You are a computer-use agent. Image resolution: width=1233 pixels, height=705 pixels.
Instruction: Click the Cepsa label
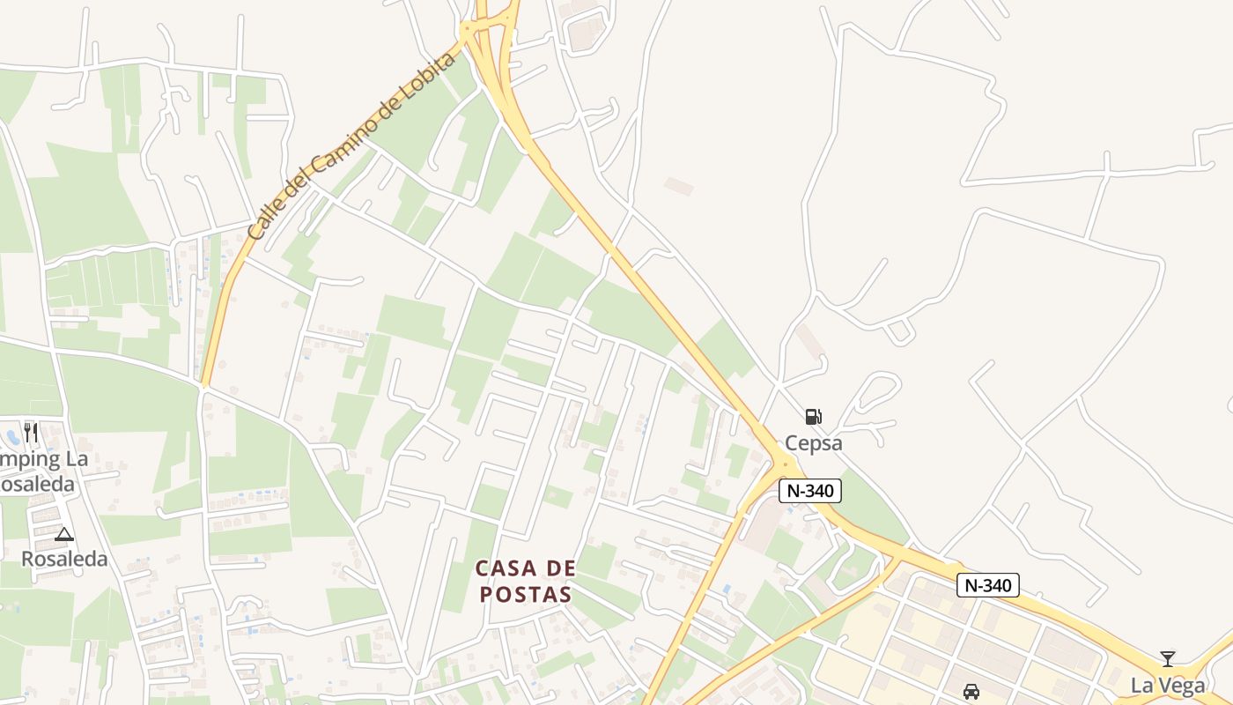pyautogui.click(x=813, y=442)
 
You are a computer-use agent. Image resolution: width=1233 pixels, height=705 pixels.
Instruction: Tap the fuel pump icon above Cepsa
pyautogui.click(x=813, y=416)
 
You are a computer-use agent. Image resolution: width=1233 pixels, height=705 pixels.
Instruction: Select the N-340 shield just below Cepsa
pyautogui.click(x=809, y=491)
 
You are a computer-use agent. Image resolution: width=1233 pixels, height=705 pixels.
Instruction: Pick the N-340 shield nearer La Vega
pyautogui.click(x=987, y=585)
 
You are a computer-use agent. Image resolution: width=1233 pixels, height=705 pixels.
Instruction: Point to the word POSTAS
pyautogui.click(x=525, y=595)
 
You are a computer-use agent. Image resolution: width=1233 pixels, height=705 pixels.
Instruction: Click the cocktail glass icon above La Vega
pyautogui.click(x=1167, y=658)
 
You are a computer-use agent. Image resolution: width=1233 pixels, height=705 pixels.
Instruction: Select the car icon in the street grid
pyautogui.click(x=971, y=692)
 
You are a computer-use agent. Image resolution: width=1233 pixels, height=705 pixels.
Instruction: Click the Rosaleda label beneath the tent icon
pyautogui.click(x=64, y=559)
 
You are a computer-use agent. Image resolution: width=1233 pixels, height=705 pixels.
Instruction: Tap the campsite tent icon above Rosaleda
pyautogui.click(x=63, y=534)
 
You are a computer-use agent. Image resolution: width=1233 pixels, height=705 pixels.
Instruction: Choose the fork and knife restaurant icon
pyautogui.click(x=31, y=433)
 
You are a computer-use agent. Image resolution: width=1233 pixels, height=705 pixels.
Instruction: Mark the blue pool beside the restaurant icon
pyautogui.click(x=11, y=435)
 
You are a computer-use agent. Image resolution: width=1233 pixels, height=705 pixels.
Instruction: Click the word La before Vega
pyautogui.click(x=1142, y=686)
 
